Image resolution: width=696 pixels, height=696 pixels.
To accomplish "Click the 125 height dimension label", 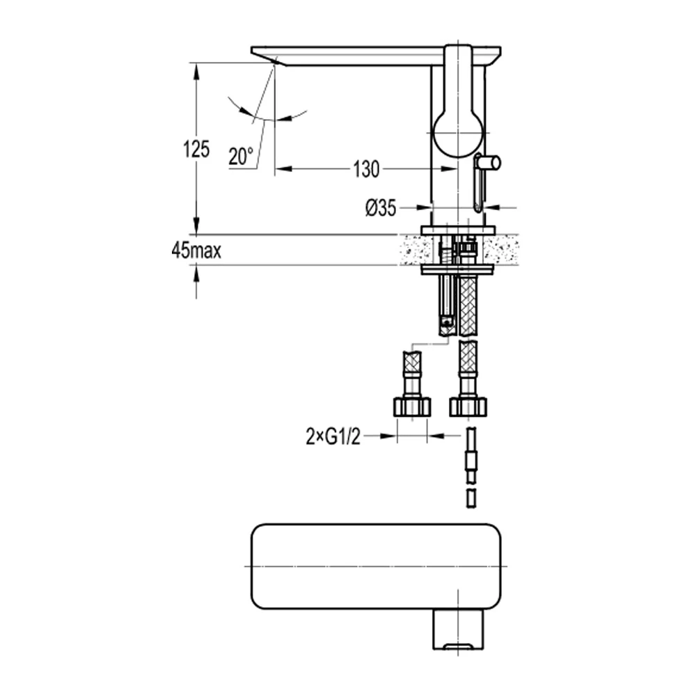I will [x=196, y=150].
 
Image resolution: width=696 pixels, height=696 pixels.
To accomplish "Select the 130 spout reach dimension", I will [x=366, y=168].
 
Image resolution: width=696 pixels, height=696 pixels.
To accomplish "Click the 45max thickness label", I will [x=196, y=251].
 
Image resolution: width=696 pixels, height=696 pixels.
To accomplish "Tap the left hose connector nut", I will [x=412, y=406].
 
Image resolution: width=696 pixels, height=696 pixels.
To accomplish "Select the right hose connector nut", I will [x=468, y=406].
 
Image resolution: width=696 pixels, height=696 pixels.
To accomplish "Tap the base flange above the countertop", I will [x=457, y=230].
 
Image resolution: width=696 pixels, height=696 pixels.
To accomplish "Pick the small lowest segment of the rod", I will [x=470, y=498].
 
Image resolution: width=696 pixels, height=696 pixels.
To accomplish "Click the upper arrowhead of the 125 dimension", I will [x=197, y=70].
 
